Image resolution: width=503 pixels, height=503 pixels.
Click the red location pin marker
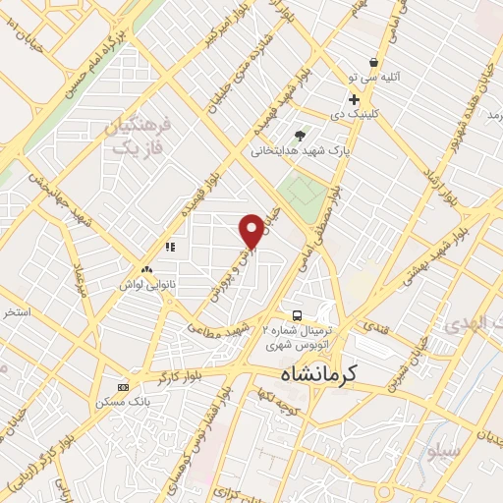(x=252, y=230)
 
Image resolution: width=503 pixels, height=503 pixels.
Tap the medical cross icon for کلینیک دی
(x=354, y=99)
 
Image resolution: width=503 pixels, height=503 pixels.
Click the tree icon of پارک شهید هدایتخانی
(x=300, y=136)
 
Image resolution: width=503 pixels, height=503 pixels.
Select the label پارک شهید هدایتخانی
(x=296, y=151)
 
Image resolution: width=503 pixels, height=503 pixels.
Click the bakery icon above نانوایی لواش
(x=147, y=268)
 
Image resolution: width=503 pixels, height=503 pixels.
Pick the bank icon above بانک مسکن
(x=123, y=386)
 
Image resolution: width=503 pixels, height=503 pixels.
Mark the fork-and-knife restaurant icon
(x=170, y=247)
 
